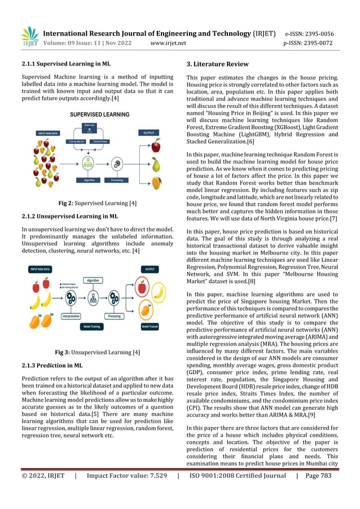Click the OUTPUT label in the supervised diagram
click(x=149, y=133)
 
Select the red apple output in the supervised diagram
click(x=156, y=147)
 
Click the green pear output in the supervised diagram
click(x=156, y=164)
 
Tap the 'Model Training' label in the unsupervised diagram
click(x=100, y=326)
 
